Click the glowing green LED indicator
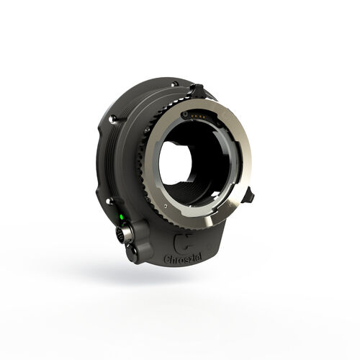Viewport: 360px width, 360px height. [122, 217]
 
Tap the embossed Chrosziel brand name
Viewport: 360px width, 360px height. [183, 258]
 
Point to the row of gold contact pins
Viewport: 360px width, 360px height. [199, 117]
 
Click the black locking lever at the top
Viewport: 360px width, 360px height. [197, 90]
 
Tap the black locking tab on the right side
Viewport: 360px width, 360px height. [248, 195]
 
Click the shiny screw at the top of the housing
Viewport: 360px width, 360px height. [175, 84]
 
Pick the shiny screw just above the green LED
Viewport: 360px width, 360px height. [108, 201]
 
